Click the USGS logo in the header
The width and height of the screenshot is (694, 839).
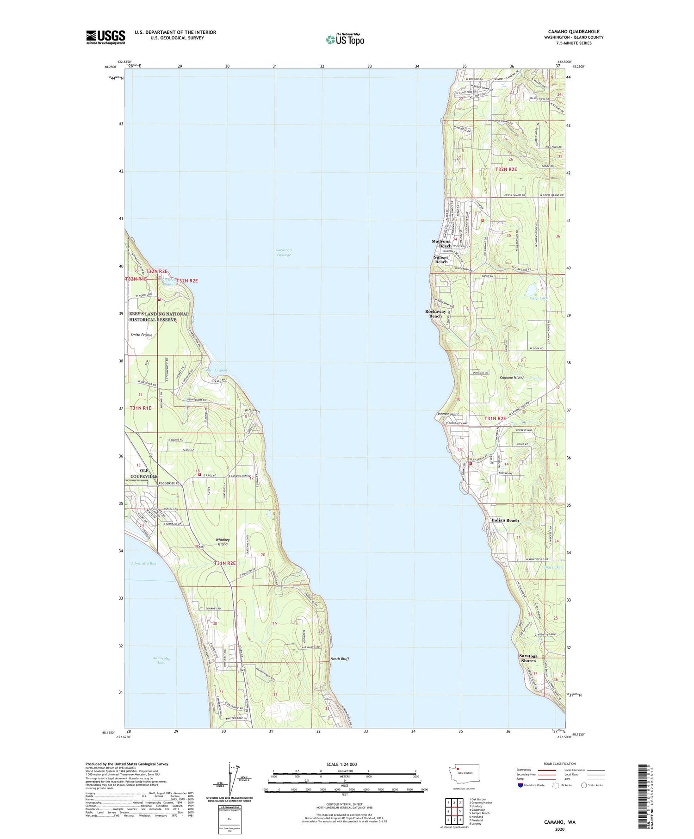(105, 37)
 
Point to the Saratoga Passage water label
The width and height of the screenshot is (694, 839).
(284, 252)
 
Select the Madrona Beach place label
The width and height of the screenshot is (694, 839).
(441, 243)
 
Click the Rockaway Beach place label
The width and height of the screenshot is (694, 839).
(435, 314)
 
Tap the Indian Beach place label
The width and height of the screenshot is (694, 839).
(505, 520)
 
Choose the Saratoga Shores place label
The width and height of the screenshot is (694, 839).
(528, 658)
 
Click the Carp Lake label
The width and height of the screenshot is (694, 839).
(539, 298)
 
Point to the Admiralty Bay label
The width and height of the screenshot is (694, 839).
(143, 563)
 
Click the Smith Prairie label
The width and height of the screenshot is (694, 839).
(142, 335)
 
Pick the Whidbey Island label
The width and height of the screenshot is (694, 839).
(223, 542)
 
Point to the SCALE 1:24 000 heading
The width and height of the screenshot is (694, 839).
(344, 764)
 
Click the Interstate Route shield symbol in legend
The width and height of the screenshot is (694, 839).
(520, 785)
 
